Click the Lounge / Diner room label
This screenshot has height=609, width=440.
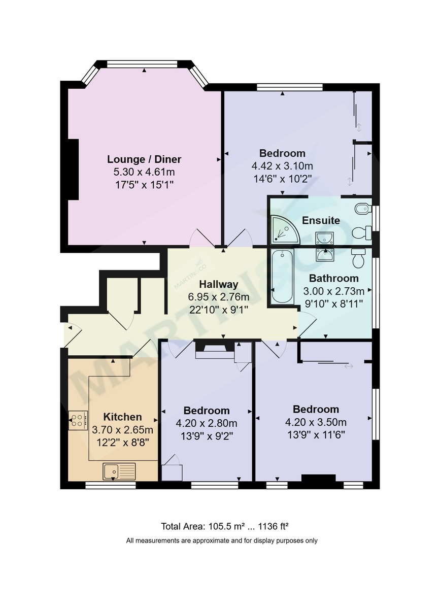144,159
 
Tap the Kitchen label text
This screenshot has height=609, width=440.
122,417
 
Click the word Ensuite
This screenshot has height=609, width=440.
321,221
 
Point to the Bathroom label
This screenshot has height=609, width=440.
333,278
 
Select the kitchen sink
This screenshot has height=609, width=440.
119,471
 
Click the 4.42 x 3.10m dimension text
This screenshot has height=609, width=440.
282,166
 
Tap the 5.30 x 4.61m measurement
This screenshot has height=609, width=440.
144,172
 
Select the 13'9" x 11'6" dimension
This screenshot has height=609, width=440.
316,435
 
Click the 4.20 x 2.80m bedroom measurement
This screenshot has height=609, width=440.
206,423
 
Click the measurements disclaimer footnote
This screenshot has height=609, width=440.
222,540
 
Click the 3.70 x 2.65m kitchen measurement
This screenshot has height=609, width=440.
122,429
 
